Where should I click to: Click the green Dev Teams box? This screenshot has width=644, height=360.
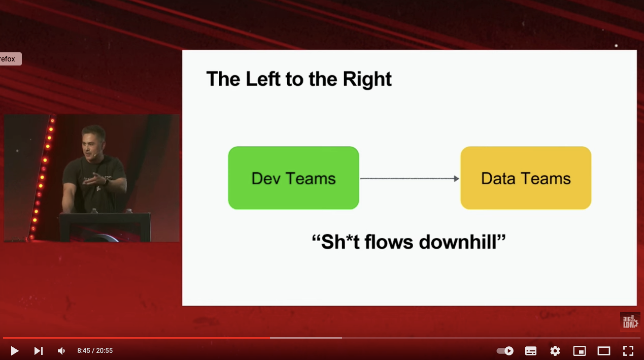293,178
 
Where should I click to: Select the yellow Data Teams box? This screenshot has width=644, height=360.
526,178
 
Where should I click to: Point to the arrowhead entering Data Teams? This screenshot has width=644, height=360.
457,179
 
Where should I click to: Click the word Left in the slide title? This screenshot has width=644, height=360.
263,79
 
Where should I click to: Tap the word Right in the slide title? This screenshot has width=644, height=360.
367,79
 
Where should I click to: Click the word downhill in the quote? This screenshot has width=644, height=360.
458,242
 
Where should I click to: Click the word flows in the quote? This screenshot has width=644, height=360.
389,242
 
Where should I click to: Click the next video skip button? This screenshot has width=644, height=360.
39,351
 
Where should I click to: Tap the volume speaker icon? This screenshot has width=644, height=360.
61,351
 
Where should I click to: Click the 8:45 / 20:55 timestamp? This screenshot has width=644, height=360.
95,350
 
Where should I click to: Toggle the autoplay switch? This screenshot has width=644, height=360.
505,351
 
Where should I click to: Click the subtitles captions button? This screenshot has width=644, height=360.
531,351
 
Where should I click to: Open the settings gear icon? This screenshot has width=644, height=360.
555,351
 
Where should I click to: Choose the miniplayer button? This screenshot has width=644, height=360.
580,351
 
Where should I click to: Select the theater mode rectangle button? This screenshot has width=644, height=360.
604,351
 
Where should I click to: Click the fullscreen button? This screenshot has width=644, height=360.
628,351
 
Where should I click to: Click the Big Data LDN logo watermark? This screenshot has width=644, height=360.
630,322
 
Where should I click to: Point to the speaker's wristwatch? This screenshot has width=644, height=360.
107,182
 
